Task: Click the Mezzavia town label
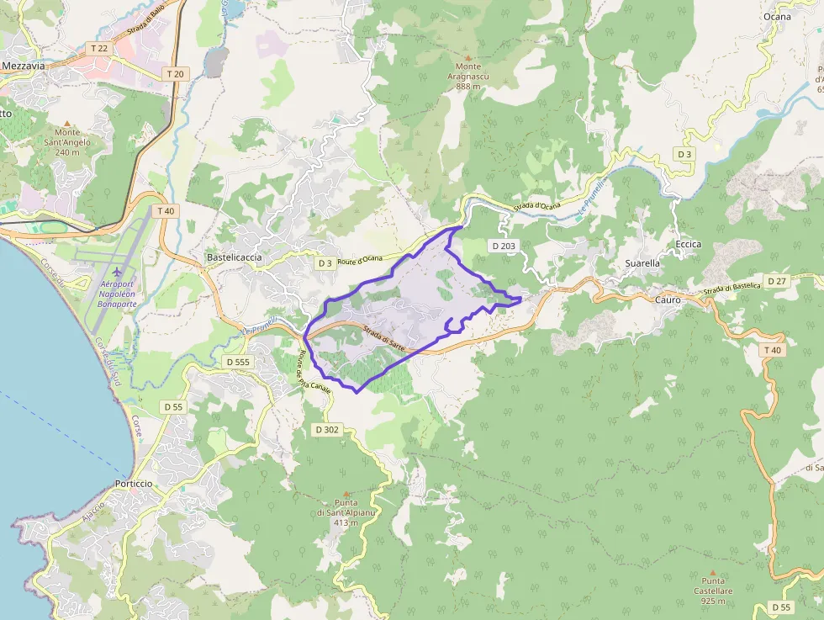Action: click(x=23, y=65)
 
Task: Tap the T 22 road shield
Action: click(x=99, y=49)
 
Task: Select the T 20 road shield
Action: click(x=175, y=74)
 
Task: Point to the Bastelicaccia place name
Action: click(x=234, y=257)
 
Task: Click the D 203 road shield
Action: click(x=504, y=246)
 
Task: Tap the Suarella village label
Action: click(x=642, y=262)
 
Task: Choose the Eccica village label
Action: click(x=688, y=244)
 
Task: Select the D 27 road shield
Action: click(x=776, y=279)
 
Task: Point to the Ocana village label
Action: click(x=777, y=16)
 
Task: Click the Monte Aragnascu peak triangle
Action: click(x=468, y=57)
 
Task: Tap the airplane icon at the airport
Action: click(x=117, y=272)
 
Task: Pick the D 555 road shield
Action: click(x=238, y=361)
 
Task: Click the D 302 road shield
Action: click(x=326, y=430)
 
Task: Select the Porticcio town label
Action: click(x=134, y=484)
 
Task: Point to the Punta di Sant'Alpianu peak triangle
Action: click(x=345, y=494)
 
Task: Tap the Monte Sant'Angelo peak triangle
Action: click(x=67, y=123)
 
